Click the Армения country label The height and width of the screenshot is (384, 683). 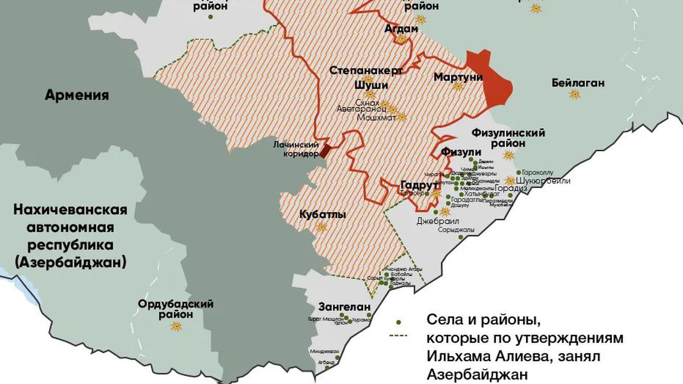pyautogui.click(x=77, y=94)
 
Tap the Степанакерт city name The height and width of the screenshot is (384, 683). pyautogui.click(x=367, y=71)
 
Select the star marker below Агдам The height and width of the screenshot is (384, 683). pyautogui.click(x=402, y=39)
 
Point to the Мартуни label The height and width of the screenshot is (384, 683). pyautogui.click(x=458, y=76)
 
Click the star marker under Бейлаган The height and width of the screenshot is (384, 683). pyautogui.click(x=575, y=94)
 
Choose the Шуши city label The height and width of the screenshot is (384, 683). pyautogui.click(x=371, y=85)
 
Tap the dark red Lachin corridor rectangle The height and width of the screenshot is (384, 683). pyautogui.click(x=324, y=151)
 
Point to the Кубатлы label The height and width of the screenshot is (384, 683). pyautogui.click(x=322, y=216)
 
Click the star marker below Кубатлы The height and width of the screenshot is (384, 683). pyautogui.click(x=322, y=227)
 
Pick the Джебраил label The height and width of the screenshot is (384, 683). pyautogui.click(x=438, y=221)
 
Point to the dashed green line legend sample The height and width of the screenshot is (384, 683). pyautogui.click(x=400, y=337)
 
